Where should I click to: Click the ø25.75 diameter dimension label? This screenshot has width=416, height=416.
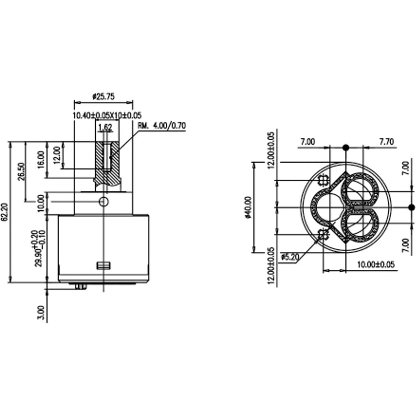click(x=104, y=97)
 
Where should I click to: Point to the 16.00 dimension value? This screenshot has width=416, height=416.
click(x=41, y=160)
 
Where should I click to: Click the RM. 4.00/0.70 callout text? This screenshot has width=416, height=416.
click(x=162, y=126)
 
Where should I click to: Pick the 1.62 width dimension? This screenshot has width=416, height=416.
click(x=105, y=128)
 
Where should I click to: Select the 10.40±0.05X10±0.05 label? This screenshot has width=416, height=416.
click(x=107, y=115)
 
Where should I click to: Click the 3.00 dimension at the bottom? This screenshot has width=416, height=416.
click(x=41, y=313)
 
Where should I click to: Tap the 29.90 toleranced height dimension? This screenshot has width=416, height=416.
click(x=39, y=248)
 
